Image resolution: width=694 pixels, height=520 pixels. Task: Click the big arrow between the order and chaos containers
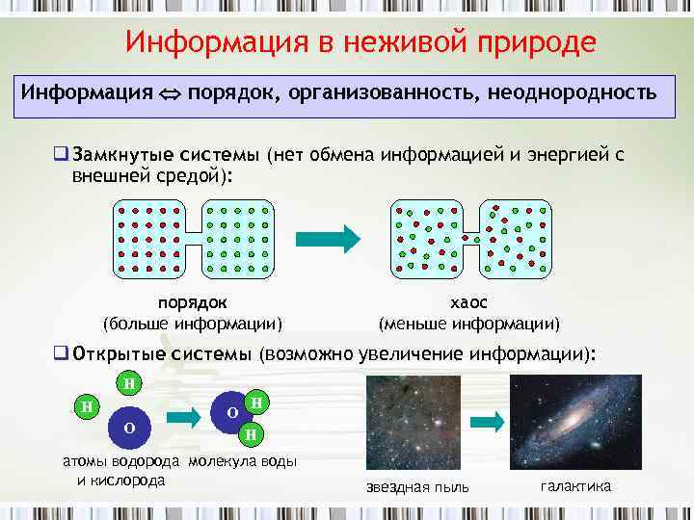point(327,238)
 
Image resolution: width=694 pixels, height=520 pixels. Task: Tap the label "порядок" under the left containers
point(193,303)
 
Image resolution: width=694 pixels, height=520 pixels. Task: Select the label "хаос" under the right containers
point(468,303)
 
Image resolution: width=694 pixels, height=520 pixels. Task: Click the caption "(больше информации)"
point(193,323)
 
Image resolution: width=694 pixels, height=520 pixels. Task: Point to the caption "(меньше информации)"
point(468,323)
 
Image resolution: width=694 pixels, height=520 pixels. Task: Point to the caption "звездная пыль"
point(417,487)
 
